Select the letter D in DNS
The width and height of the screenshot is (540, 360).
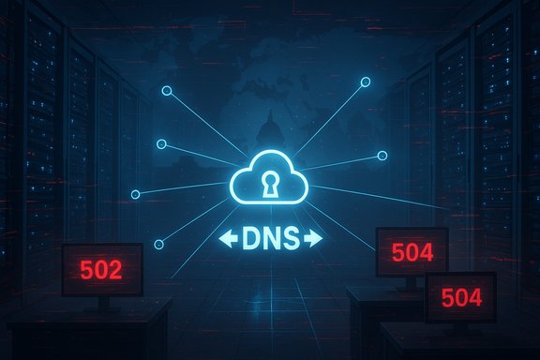pyautogui.click(x=251, y=240)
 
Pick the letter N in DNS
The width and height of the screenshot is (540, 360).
pyautogui.click(x=270, y=240)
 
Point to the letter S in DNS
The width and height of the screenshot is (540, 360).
pyautogui.click(x=290, y=240)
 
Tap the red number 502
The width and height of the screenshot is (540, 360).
pyautogui.click(x=101, y=271)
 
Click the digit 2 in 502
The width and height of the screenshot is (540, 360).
pyautogui.click(x=115, y=271)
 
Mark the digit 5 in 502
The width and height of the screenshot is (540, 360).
pyautogui.click(x=86, y=271)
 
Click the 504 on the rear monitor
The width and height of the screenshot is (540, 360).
pyautogui.click(x=412, y=251)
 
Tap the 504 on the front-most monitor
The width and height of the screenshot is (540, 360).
pyautogui.click(x=462, y=299)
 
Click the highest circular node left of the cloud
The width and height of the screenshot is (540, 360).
pyautogui.click(x=166, y=91)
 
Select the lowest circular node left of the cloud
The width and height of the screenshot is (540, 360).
pyautogui.click(x=157, y=246)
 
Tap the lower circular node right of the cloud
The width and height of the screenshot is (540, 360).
pyautogui.click(x=382, y=156)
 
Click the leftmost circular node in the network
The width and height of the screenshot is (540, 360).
pyautogui.click(x=136, y=194)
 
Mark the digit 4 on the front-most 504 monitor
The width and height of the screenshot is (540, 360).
pyautogui.click(x=476, y=299)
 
